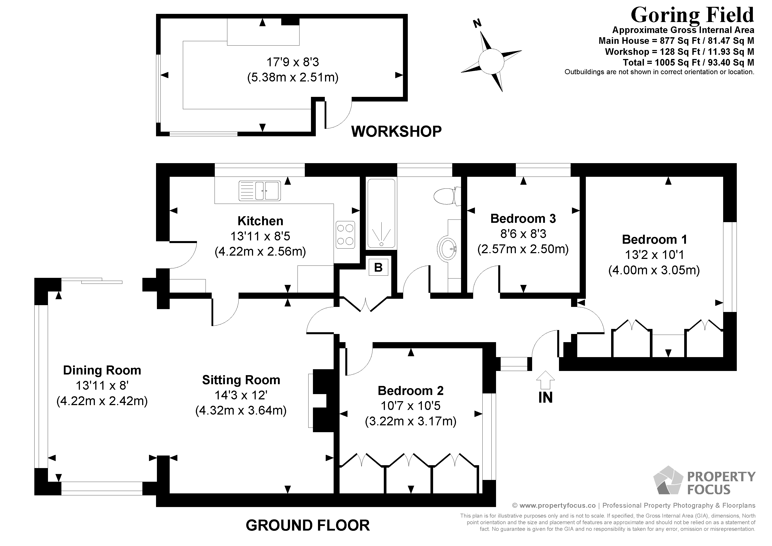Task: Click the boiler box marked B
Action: [x=378, y=267]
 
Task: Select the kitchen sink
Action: [x=260, y=191]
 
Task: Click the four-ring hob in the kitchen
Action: [x=345, y=234]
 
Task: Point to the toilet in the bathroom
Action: [x=445, y=196]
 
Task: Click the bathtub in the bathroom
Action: [x=381, y=214]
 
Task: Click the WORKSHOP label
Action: [x=396, y=131]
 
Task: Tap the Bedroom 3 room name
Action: [x=523, y=219]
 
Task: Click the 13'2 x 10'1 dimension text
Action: [x=654, y=255]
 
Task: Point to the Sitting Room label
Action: [x=241, y=380]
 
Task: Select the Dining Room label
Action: [x=102, y=370]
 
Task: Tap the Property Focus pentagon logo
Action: [x=668, y=480]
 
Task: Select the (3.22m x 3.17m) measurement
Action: [x=411, y=421]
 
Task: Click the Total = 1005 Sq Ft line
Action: [x=688, y=63]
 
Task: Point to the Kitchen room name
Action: [x=260, y=221]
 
